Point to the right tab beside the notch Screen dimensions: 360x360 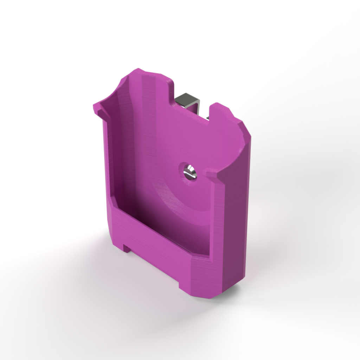tap(225, 116)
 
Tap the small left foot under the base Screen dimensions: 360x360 tap(127, 248)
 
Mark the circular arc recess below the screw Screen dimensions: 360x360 tap(172, 200)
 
